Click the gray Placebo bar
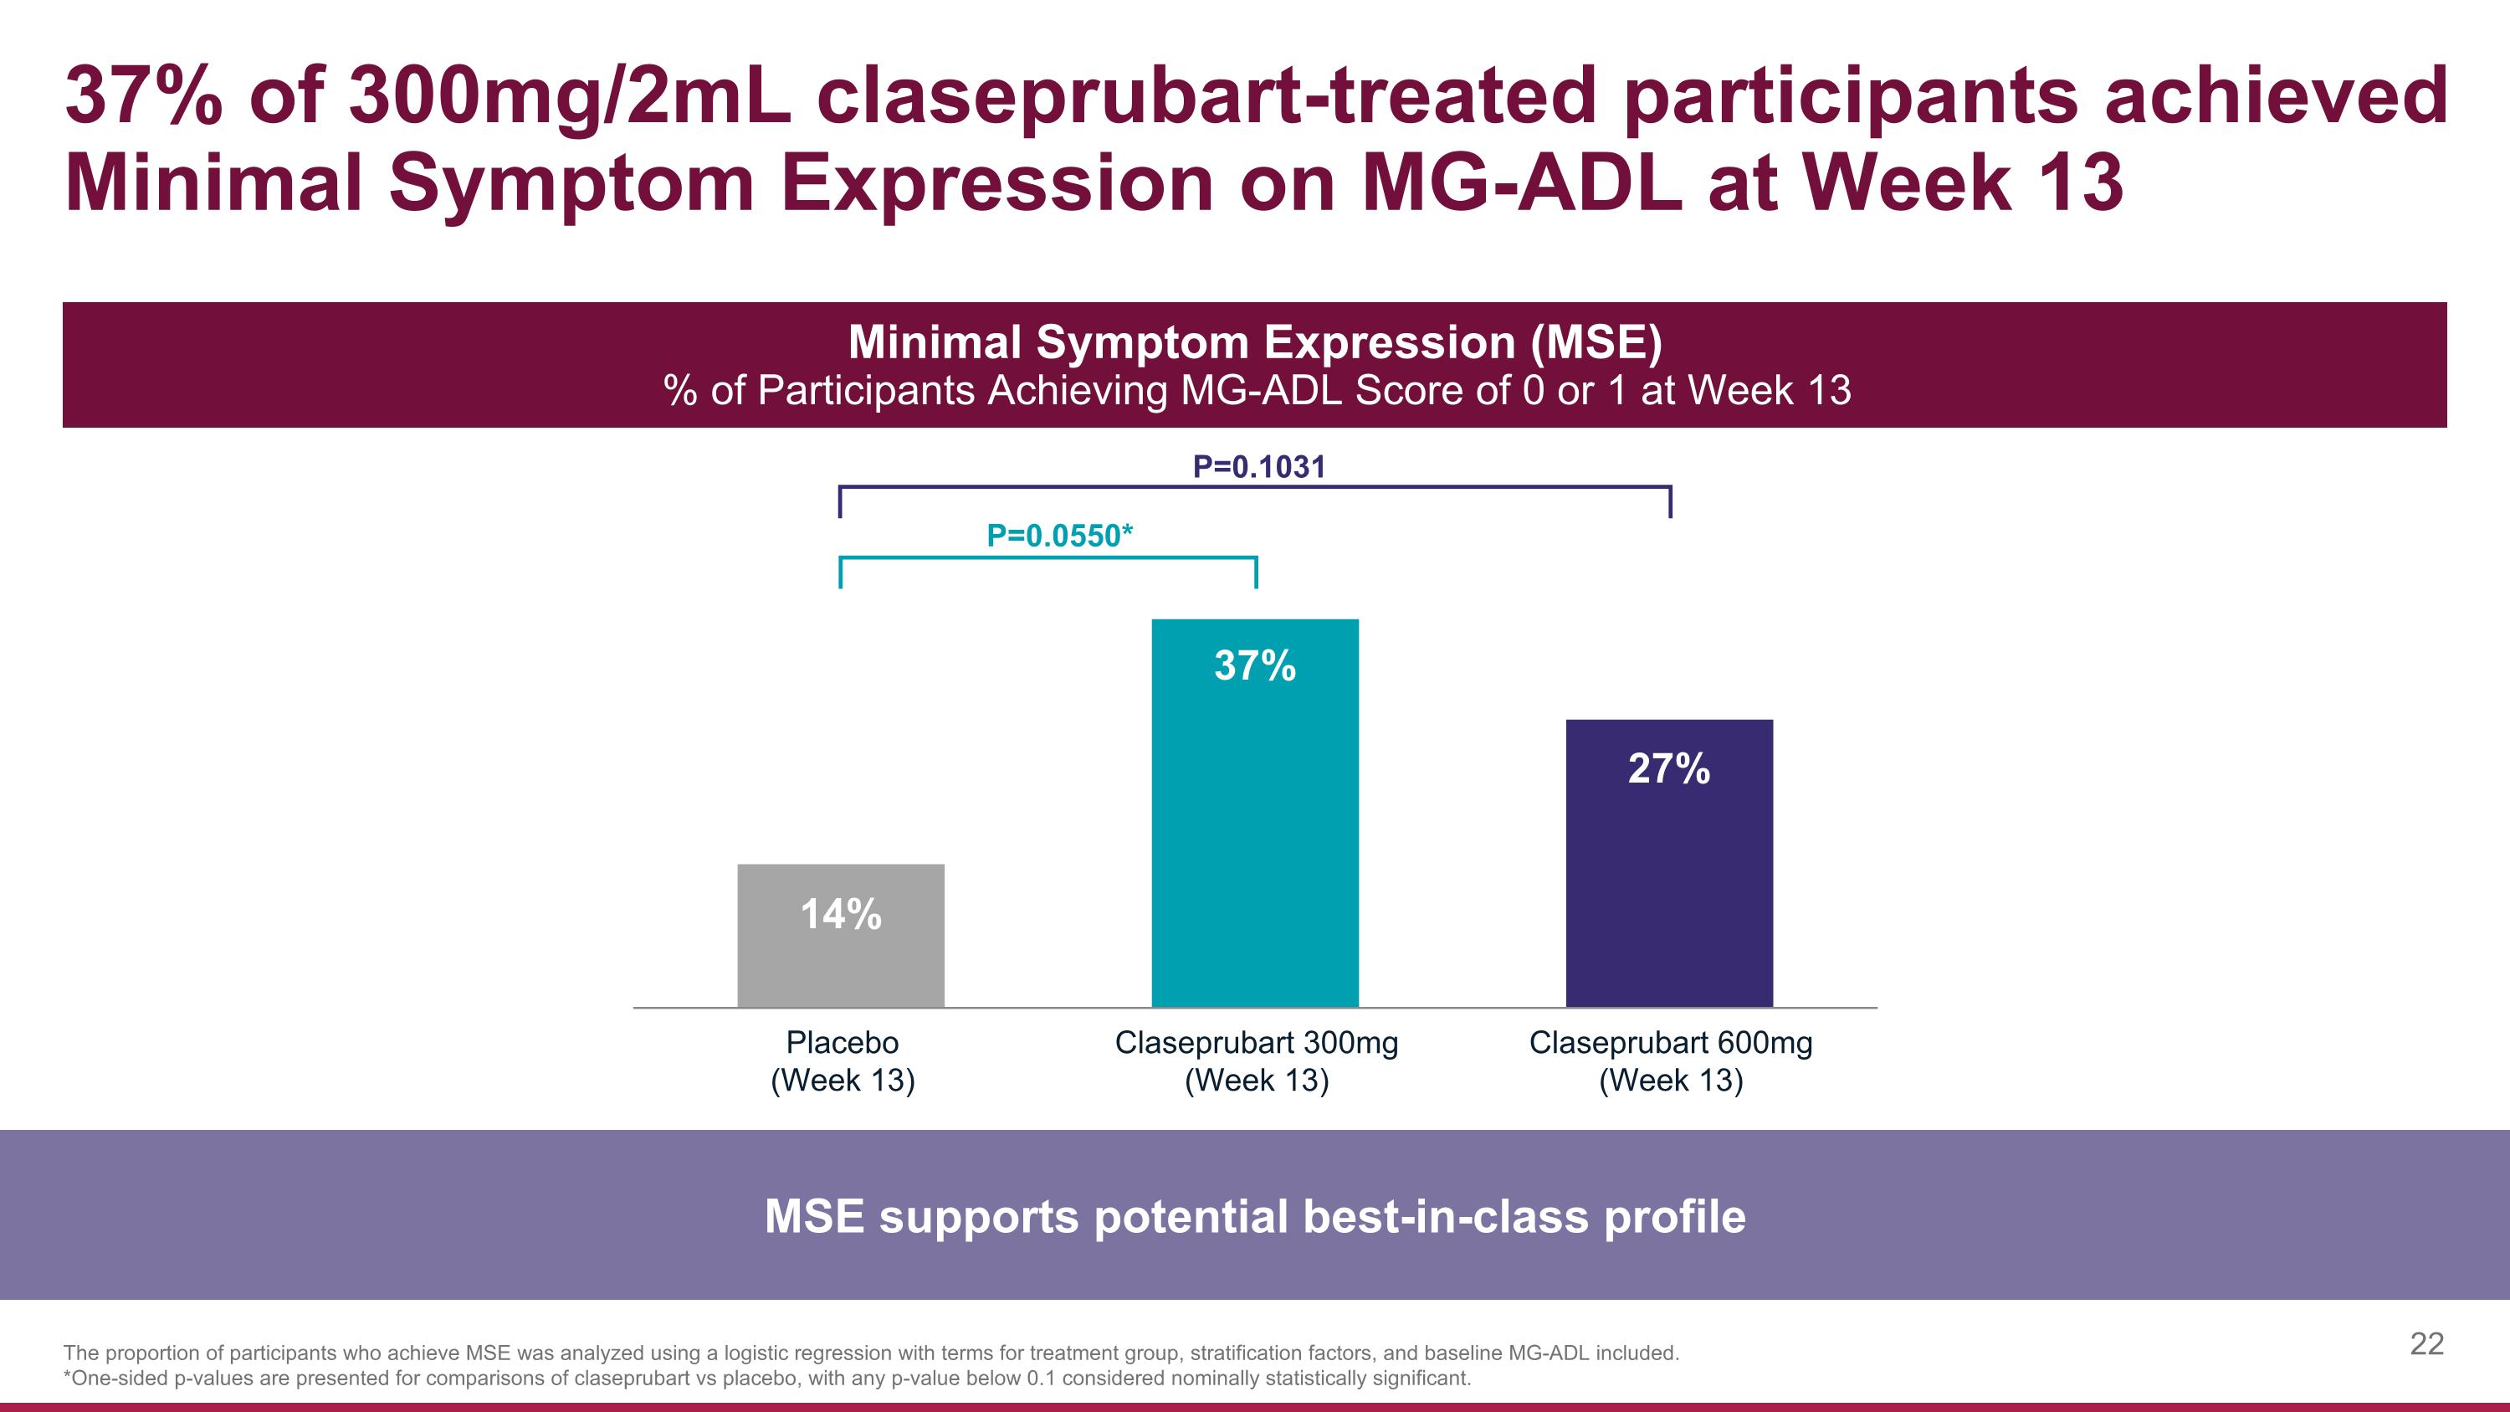tap(840, 965)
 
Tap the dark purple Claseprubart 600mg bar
tap(1669, 886)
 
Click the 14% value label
tap(840, 914)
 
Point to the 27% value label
tap(1669, 769)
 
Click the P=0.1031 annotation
tap(1259, 467)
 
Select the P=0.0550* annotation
tap(1059, 535)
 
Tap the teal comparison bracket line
tap(1048, 558)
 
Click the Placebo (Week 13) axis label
tap(842, 1060)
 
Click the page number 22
tap(2426, 1344)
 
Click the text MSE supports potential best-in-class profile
tap(1255, 1216)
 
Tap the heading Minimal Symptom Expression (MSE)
tap(1255, 342)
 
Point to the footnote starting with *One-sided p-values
tap(767, 1378)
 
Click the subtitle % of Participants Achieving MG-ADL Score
tap(1255, 391)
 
